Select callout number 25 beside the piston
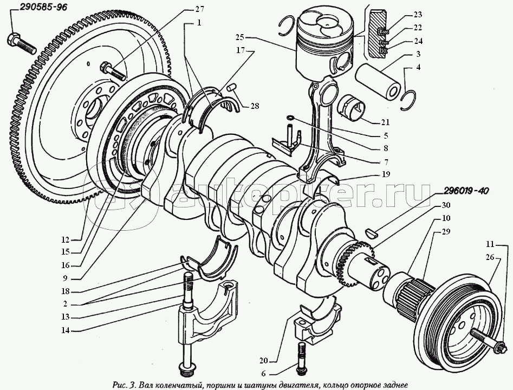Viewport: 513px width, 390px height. pyautogui.click(x=240, y=37)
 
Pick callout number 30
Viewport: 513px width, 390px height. pyautogui.click(x=445, y=205)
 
